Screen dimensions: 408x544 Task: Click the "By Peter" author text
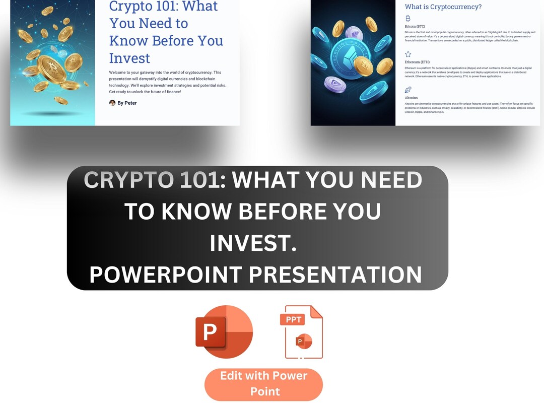tap(127, 103)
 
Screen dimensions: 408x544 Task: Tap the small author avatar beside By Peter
tap(112, 103)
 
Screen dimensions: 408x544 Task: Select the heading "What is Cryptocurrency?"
tap(443, 7)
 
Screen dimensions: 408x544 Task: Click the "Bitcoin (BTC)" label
tap(416, 26)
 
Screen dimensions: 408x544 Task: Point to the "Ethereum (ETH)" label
tap(418, 62)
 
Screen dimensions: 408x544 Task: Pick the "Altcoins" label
tap(412, 98)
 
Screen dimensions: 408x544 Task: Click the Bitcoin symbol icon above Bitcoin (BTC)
tap(408, 18)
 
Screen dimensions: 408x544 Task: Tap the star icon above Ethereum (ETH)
tap(408, 54)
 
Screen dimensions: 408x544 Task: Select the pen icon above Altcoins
tap(408, 90)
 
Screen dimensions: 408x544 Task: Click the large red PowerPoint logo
tap(224, 332)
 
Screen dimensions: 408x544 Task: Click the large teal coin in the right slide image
tap(353, 55)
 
